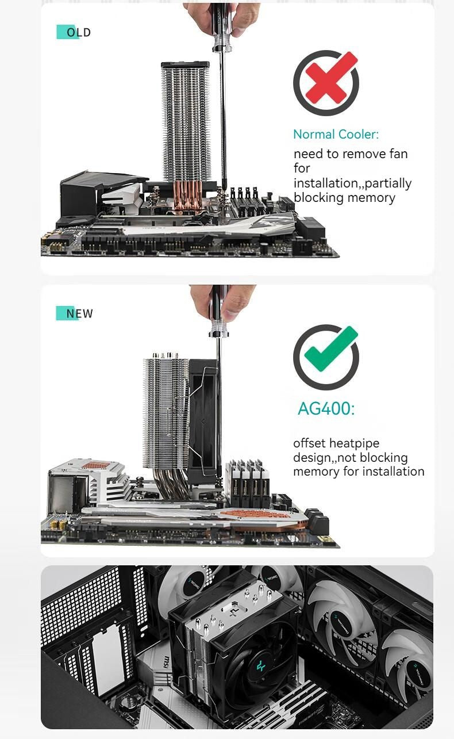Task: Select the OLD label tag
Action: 74,32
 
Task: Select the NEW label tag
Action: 74,313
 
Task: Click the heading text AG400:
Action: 326,409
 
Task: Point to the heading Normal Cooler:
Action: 336,135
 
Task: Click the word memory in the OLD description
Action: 373,198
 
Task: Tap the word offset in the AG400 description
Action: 310,443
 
